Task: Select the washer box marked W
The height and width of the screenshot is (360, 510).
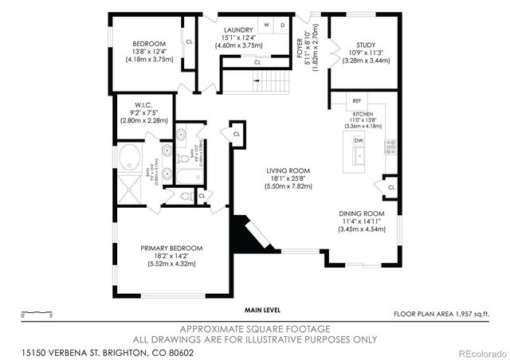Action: pyautogui.click(x=268, y=25)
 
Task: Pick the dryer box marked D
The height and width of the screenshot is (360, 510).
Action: pyautogui.click(x=282, y=25)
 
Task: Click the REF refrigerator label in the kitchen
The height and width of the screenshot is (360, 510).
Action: pyautogui.click(x=356, y=101)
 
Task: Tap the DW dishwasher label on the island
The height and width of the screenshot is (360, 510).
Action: pyautogui.click(x=359, y=140)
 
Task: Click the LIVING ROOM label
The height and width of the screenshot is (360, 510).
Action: pyautogui.click(x=288, y=170)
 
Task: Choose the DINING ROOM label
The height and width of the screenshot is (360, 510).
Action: pyautogui.click(x=362, y=214)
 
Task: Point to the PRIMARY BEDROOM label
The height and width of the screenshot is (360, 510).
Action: pyautogui.click(x=171, y=248)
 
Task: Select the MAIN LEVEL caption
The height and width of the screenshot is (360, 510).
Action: pyautogui.click(x=263, y=310)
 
